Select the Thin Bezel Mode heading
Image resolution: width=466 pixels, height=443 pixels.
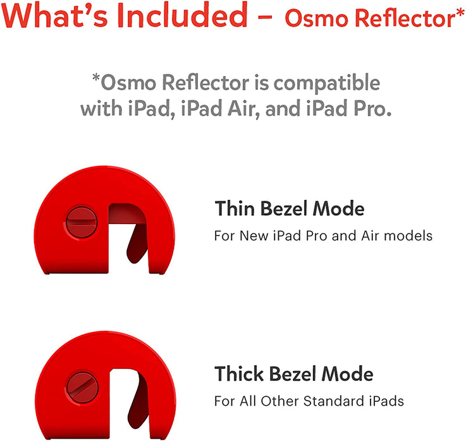[x=290, y=208]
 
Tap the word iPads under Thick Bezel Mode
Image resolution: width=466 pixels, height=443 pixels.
[x=389, y=401]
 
